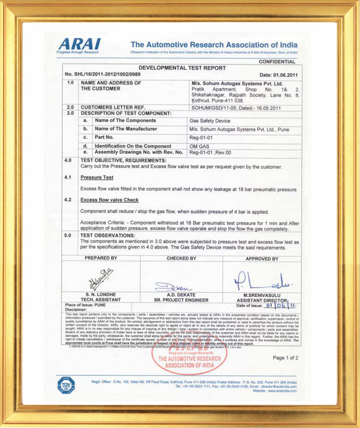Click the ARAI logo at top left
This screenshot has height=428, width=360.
[79, 45]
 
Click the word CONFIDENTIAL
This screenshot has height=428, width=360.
[277, 62]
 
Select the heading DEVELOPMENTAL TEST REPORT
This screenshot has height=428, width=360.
[182, 68]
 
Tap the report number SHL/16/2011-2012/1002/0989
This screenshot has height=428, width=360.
[102, 75]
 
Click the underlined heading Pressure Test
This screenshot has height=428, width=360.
[97, 177]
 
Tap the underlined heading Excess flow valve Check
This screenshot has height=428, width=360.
[110, 200]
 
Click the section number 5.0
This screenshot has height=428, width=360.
[69, 235]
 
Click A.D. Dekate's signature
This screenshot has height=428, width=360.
[174, 287]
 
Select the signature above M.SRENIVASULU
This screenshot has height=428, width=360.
[261, 282]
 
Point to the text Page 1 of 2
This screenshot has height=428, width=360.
[285, 358]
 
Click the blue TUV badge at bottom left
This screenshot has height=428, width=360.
[66, 385]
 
